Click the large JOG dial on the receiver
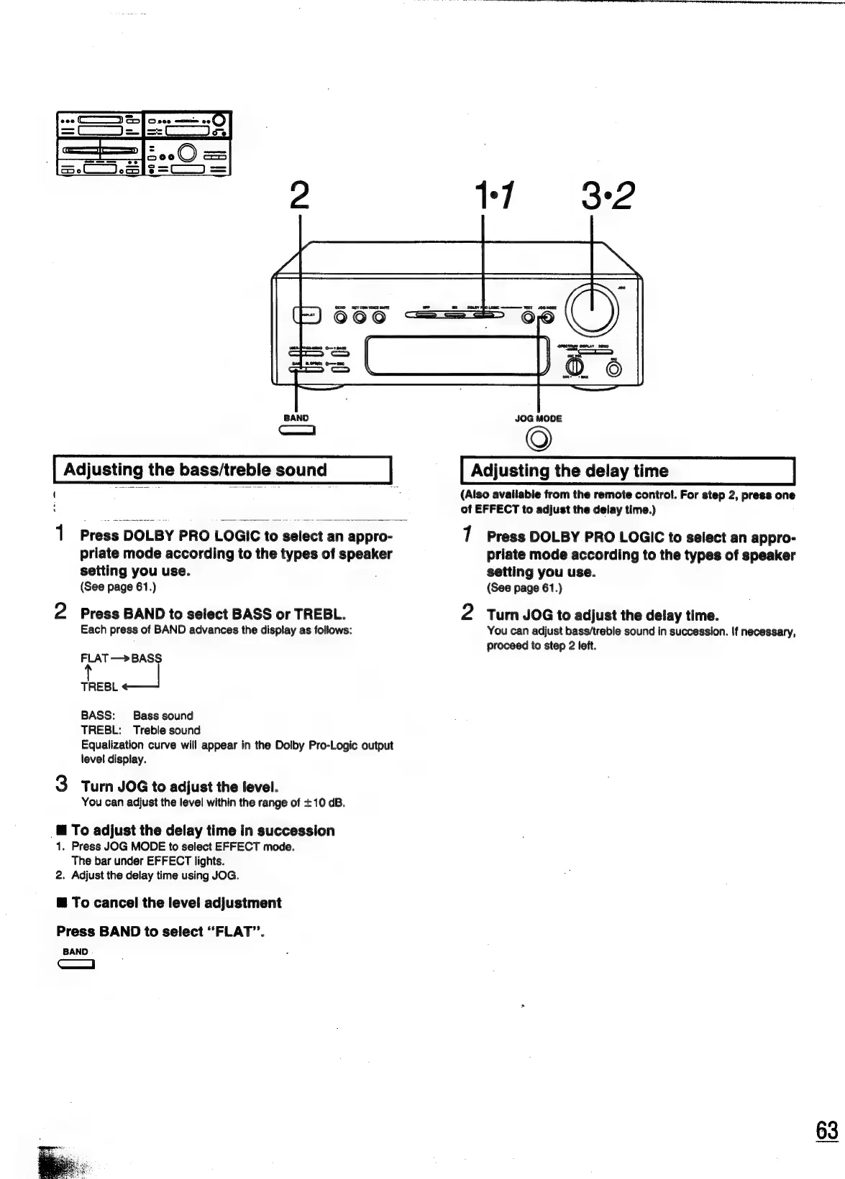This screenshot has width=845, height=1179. tap(592, 308)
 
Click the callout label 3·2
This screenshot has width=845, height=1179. tap(606, 196)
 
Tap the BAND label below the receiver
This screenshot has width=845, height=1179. tap(296, 417)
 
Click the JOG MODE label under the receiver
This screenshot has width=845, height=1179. tap(539, 418)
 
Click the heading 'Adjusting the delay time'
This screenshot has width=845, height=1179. tap(569, 471)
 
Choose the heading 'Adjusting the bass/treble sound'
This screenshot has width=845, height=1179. tap(196, 471)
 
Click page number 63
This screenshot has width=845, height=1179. tap(827, 1130)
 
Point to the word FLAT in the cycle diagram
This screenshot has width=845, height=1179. tap(94, 658)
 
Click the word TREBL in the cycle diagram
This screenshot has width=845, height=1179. tap(99, 687)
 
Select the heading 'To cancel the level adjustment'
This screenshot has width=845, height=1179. tap(176, 903)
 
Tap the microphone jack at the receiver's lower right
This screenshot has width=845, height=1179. tap(614, 370)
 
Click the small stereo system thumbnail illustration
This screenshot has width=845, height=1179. tap(144, 145)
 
